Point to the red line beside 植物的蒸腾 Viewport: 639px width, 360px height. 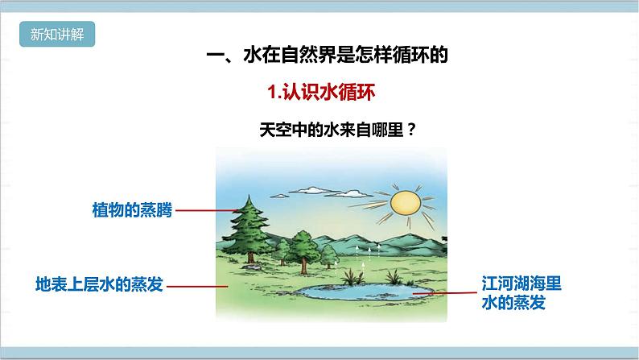pos(204,210)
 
